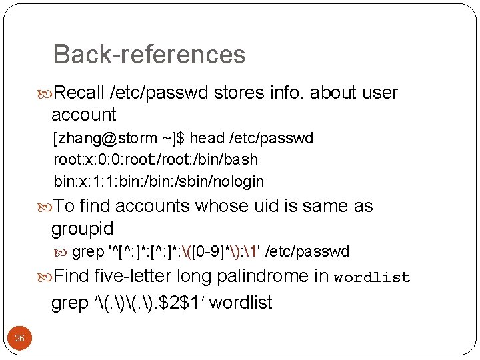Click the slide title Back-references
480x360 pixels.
point(149,54)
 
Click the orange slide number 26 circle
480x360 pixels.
point(20,339)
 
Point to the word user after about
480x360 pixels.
point(380,93)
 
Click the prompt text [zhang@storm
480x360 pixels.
point(105,138)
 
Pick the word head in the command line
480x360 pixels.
point(207,138)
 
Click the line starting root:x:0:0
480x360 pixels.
point(155,159)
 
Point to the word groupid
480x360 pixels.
point(83,229)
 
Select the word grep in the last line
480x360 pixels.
point(69,303)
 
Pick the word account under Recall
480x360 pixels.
point(84,115)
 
